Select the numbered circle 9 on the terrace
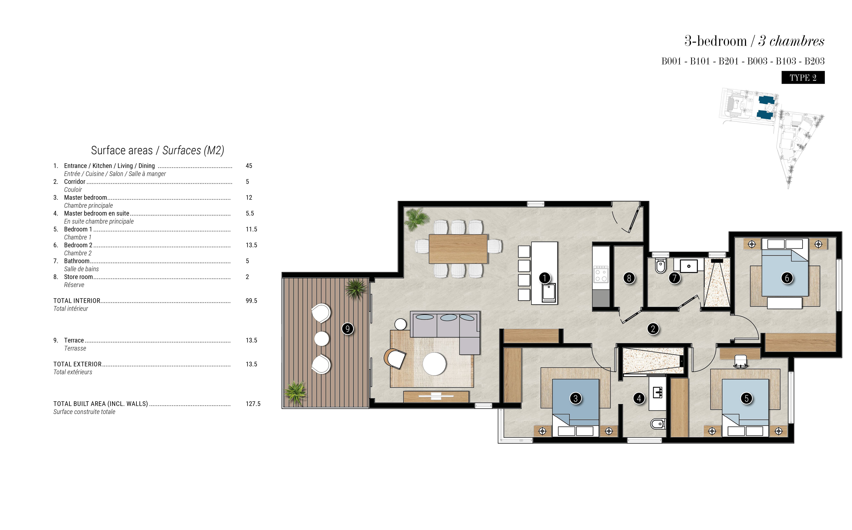pyautogui.click(x=348, y=329)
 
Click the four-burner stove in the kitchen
pyautogui.click(x=601, y=274)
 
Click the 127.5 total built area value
pyautogui.click(x=253, y=404)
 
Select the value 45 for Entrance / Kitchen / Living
pyautogui.click(x=249, y=166)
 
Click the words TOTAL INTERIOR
pyautogui.click(x=77, y=301)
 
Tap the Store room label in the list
pyautogui.click(x=78, y=277)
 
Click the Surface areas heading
pyautogui.click(x=157, y=150)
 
